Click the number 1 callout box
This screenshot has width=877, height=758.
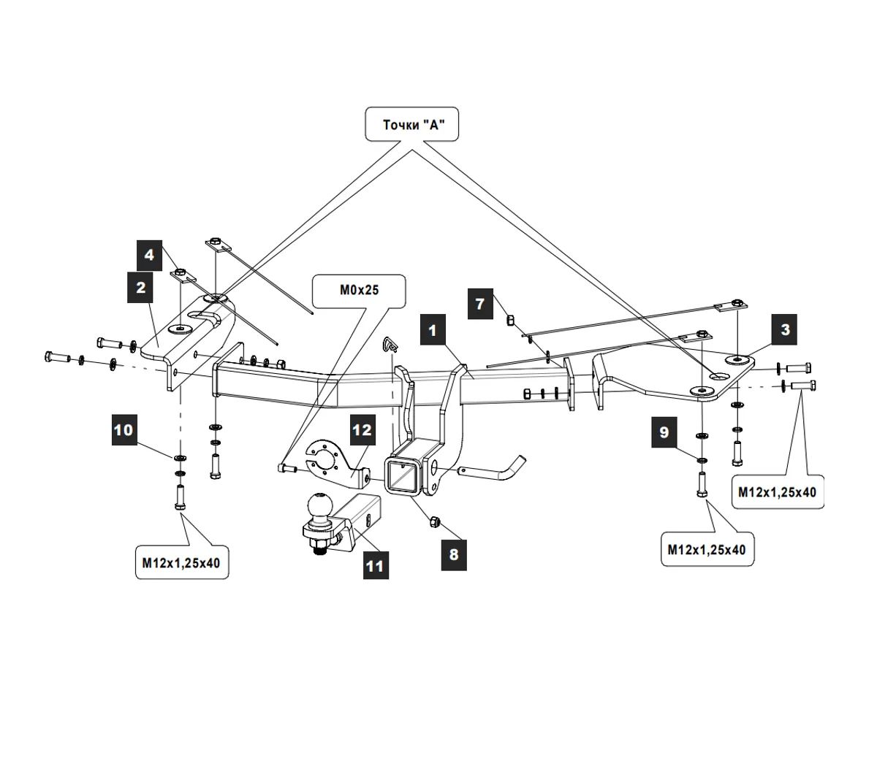coord(432,331)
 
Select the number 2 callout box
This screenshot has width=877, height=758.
coord(141,288)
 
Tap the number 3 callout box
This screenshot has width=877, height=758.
coord(785,329)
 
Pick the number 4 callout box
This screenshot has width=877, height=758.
coord(150,255)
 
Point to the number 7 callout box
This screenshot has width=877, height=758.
coord(480,303)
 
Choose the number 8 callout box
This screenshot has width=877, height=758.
coord(453,554)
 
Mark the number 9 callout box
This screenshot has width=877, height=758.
coord(664,432)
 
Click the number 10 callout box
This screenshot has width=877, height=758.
coord(124,429)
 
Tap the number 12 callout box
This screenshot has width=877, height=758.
coord(362,430)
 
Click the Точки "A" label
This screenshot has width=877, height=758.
coord(412,125)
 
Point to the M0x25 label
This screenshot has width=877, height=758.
coord(359,290)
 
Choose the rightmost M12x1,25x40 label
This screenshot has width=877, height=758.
coord(777,492)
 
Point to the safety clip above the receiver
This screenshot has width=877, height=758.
coord(390,343)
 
